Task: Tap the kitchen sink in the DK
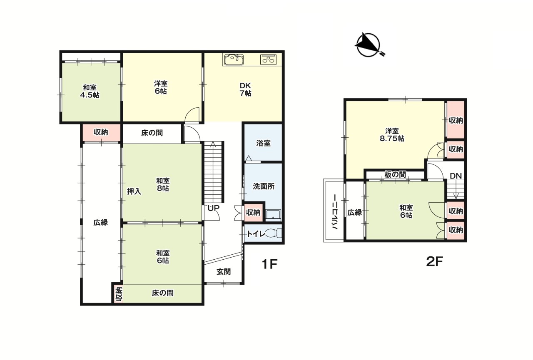[x=234, y=60]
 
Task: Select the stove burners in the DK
[x=269, y=60]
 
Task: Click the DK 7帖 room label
[x=245, y=89]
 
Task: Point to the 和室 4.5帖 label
[x=90, y=91]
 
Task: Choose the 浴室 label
[x=263, y=143]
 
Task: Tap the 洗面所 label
[x=264, y=186]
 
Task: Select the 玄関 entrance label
[x=224, y=271]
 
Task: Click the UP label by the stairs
[x=214, y=208]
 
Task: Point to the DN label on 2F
[x=456, y=176]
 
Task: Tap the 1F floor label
[x=269, y=264]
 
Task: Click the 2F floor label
[x=434, y=261]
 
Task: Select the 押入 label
[x=134, y=191]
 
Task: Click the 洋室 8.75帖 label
[x=392, y=134]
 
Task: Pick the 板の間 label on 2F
[x=395, y=174]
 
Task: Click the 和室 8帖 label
[x=163, y=184]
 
